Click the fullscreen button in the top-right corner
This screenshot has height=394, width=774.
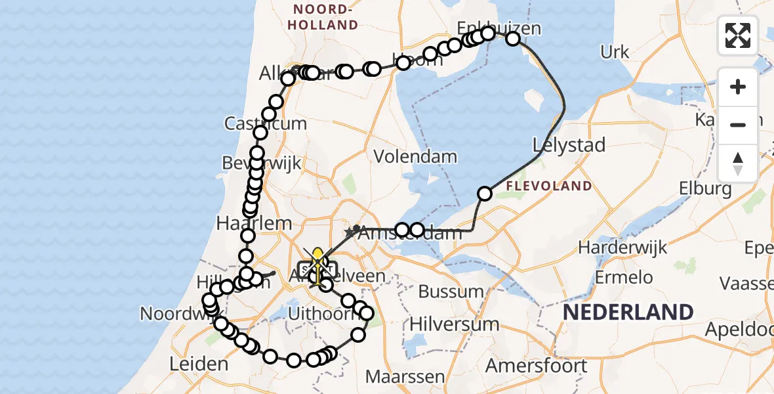coord(738,35)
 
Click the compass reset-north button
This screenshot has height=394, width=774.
coord(738,163)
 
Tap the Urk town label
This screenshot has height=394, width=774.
coord(615,53)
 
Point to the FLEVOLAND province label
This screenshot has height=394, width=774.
coord(548,186)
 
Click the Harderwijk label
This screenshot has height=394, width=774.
coord(622,248)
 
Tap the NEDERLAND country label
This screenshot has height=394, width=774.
coord(628,312)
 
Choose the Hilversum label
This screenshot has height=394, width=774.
coord(454,324)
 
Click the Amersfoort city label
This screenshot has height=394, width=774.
coord(537,365)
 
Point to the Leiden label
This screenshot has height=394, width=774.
coord(198,363)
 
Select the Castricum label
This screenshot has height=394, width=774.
coord(266,123)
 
